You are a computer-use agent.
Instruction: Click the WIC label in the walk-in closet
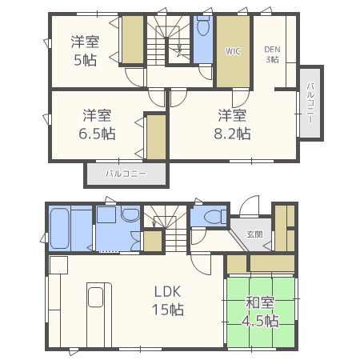coord(233,51)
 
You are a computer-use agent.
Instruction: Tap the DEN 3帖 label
coord(272,54)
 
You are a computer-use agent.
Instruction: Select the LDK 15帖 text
coord(168,301)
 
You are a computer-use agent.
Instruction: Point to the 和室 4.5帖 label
coord(260,311)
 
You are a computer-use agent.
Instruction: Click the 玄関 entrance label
coord(254,234)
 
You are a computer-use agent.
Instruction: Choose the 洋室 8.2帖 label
coord(232,125)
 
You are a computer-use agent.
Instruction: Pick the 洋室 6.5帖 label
coord(97,125)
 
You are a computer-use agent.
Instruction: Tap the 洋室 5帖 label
coord(85,51)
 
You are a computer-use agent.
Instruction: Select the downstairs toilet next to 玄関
coord(213,217)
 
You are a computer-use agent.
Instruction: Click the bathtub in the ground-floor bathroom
coord(60,228)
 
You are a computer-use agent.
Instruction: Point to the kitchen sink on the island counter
coord(95,297)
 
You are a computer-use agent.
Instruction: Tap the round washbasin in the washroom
coord(130,214)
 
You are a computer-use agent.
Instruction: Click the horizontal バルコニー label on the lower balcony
coord(126,174)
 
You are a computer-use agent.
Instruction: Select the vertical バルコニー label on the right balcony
coord(310,103)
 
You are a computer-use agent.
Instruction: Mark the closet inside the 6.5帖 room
coord(156,137)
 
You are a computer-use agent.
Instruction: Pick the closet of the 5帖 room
coord(133,39)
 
